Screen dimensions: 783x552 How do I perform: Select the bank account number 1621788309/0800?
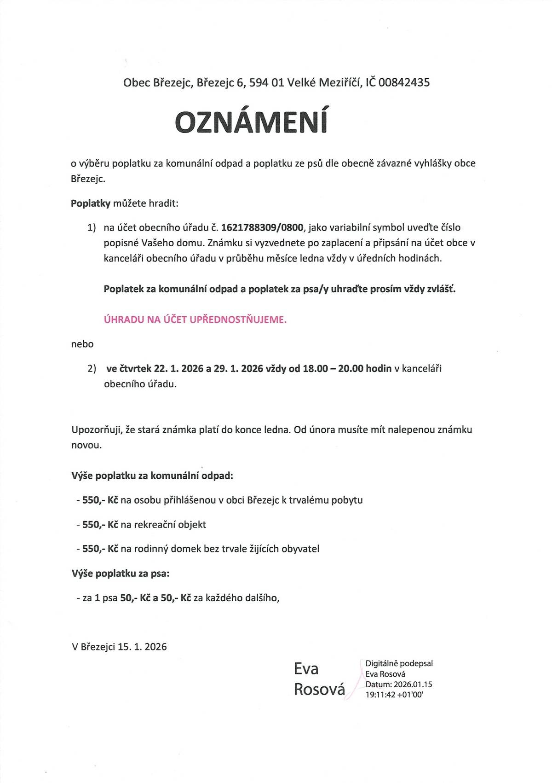pyautogui.click(x=262, y=227)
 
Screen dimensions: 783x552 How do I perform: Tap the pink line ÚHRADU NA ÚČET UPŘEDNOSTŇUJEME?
pyautogui.click(x=195, y=320)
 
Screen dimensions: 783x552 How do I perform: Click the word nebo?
pyautogui.click(x=82, y=344)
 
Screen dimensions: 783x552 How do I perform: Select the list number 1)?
pyautogui.click(x=92, y=228)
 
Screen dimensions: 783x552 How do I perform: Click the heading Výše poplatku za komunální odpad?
pyautogui.click(x=152, y=476)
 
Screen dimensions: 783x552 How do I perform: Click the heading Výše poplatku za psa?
pyautogui.click(x=121, y=574)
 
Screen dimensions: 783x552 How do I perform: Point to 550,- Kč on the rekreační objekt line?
pyautogui.click(x=100, y=525)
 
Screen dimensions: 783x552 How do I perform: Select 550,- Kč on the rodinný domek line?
pyautogui.click(x=100, y=549)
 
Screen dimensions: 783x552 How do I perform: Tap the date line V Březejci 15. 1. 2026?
pyautogui.click(x=119, y=647)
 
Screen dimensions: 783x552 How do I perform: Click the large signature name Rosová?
pyautogui.click(x=319, y=690)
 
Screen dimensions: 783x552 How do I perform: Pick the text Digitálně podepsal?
pyautogui.click(x=399, y=663)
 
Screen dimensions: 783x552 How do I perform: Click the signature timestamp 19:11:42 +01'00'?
pyautogui.click(x=394, y=695)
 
